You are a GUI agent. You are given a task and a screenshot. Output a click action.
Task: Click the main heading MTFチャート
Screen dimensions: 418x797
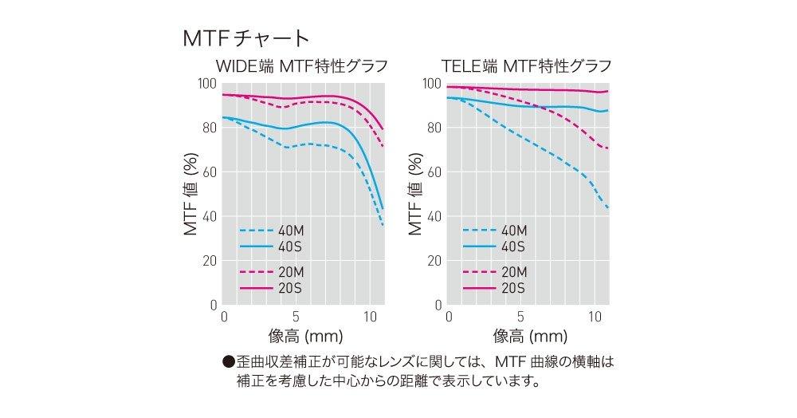[245, 38]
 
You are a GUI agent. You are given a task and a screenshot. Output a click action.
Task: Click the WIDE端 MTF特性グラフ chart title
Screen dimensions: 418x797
[300, 66]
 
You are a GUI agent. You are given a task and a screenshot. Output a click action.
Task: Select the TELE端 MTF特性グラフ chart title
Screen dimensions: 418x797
[525, 66]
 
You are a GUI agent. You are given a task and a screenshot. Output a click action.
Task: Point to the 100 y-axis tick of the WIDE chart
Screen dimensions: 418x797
[207, 83]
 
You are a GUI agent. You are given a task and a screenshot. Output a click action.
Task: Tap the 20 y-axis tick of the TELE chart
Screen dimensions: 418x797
[436, 260]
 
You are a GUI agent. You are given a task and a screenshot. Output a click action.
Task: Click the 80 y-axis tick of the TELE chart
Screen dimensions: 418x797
[436, 128]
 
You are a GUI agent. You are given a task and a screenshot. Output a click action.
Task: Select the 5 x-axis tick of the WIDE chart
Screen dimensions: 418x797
[296, 317]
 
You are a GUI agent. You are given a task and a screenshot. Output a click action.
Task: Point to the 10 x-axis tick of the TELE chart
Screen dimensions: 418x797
[594, 317]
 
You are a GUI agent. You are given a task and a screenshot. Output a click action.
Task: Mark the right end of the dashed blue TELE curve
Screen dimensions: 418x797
[609, 209]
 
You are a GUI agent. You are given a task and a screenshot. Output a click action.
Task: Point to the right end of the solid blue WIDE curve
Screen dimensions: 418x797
[383, 209]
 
